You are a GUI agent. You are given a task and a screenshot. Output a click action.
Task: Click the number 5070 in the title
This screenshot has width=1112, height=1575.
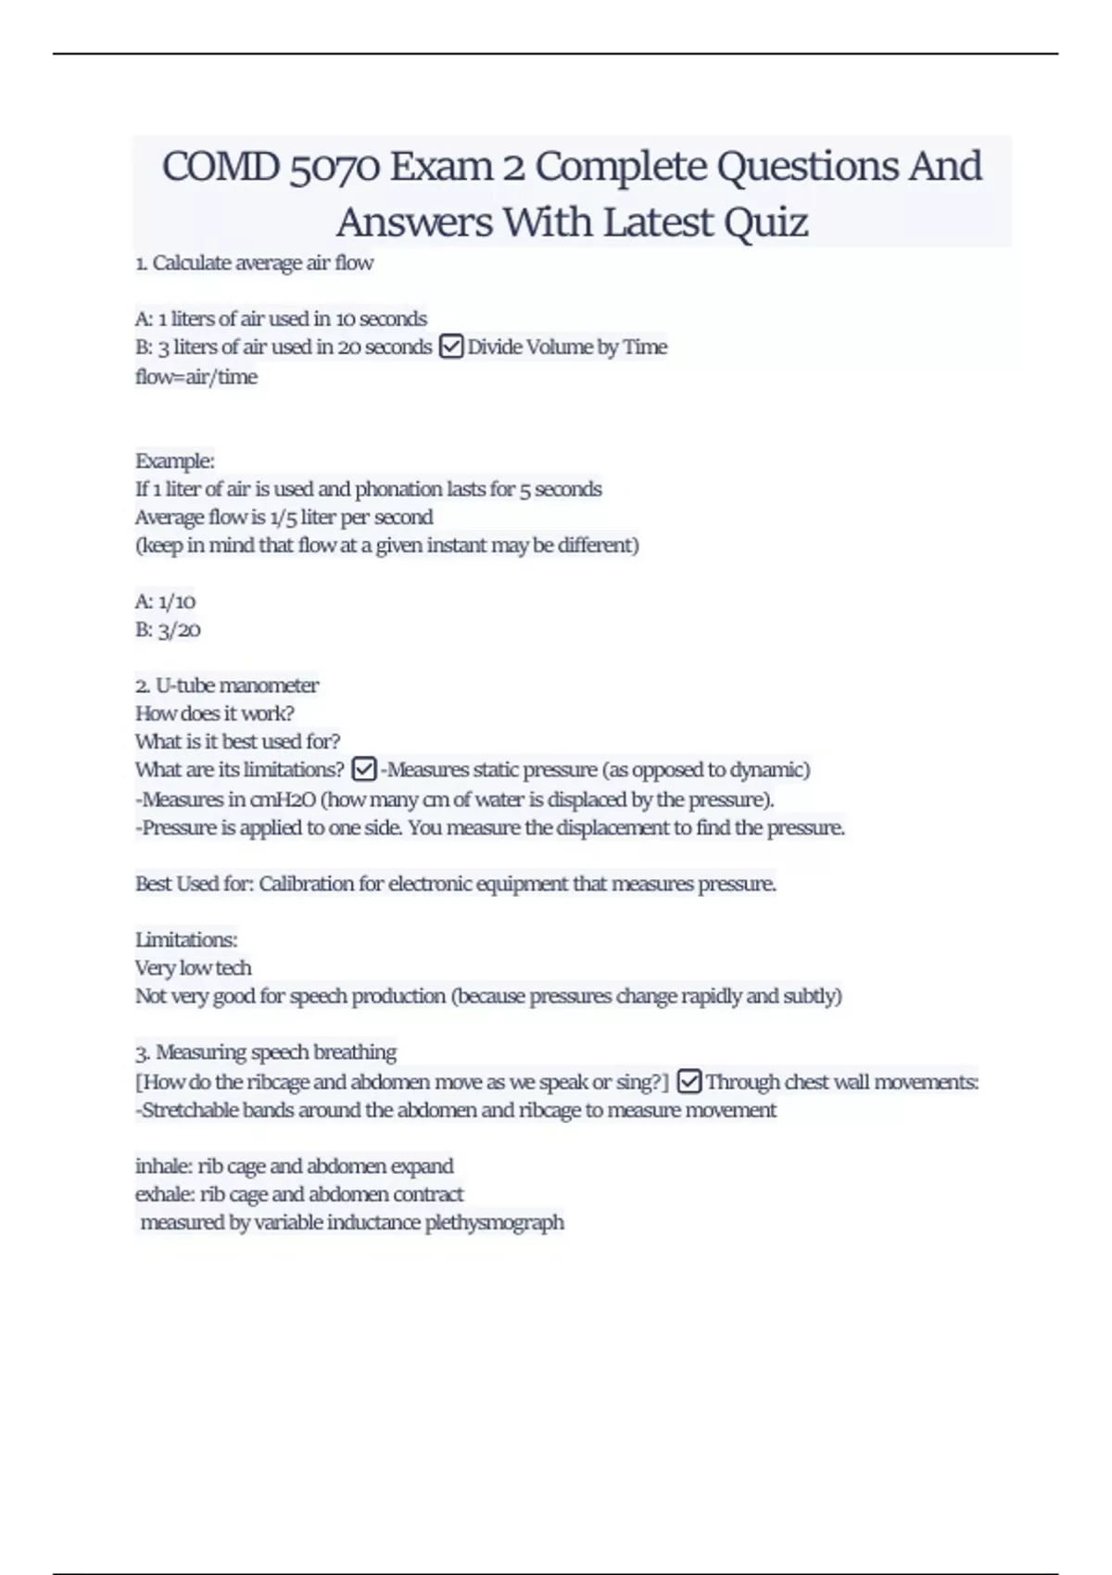pos(335,168)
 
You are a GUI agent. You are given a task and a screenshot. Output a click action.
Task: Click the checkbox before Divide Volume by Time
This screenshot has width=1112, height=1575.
pos(450,347)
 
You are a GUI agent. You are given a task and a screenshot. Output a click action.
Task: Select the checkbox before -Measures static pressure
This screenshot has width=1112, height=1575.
pos(364,770)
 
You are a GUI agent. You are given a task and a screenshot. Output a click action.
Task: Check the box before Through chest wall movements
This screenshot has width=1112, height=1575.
pos(689,1081)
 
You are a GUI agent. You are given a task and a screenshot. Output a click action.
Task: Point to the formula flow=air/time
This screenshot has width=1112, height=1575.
pos(196,377)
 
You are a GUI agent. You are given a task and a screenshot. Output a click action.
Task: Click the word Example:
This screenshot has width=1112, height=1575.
pos(175,460)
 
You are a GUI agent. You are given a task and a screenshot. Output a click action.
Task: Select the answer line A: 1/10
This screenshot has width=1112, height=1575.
pos(165,601)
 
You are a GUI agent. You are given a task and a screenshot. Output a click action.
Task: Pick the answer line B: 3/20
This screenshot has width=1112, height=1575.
pos(168,630)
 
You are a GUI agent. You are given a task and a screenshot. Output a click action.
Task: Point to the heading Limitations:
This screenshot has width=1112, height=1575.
pos(186,939)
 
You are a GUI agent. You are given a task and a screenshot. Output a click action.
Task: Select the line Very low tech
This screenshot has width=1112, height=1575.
pos(193,968)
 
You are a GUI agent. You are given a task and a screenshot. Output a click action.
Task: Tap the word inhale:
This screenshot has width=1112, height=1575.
pos(164,1165)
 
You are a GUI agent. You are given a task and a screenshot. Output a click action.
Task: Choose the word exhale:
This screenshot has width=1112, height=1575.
pos(165,1194)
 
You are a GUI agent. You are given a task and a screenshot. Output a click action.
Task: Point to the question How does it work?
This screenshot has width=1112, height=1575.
pos(214,713)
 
